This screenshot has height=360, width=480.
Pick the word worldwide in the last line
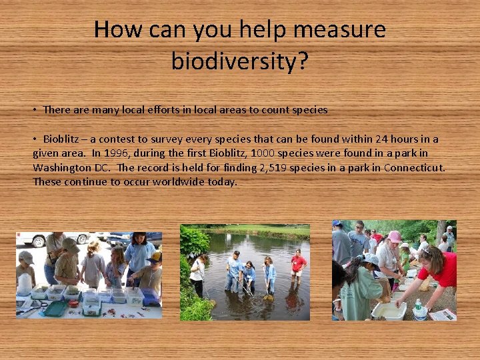tap(161, 181)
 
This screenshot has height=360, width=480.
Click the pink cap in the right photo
tap(395, 237)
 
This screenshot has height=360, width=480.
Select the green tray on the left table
tap(55, 309)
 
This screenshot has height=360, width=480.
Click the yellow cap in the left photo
tap(156, 256)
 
